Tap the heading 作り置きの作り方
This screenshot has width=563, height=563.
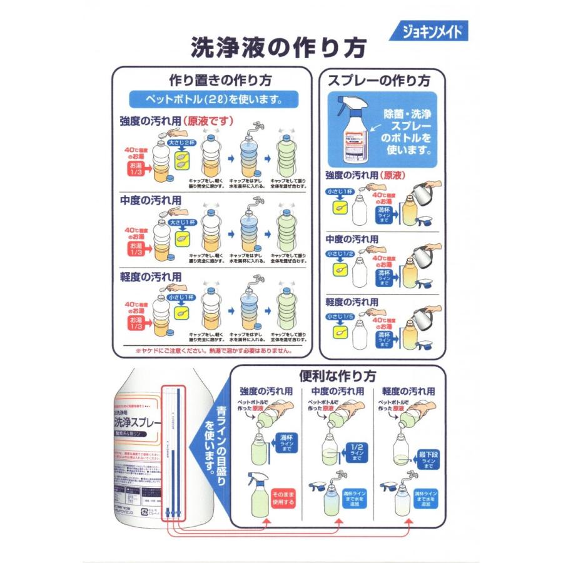pos(211,80)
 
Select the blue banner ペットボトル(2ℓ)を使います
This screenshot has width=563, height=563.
pos(213,99)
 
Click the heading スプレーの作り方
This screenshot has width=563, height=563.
pos(383,80)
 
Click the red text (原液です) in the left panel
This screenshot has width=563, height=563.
pos(213,120)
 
